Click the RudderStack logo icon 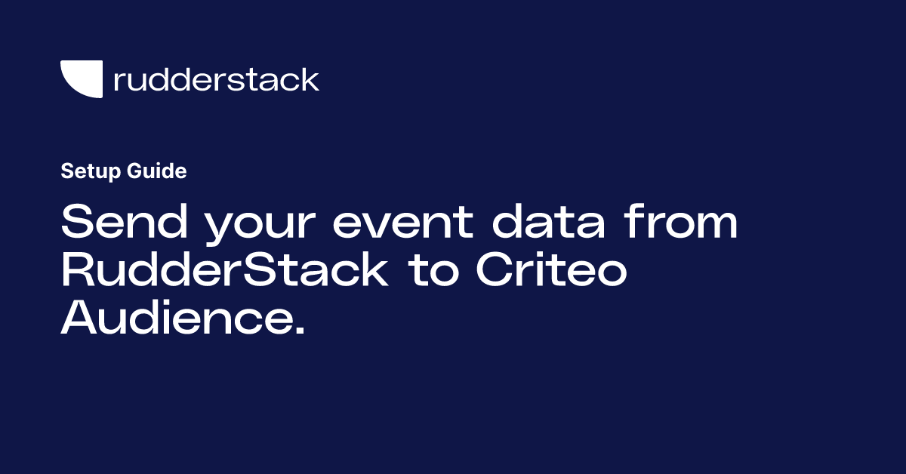click(x=82, y=79)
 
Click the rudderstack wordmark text click(x=216, y=79)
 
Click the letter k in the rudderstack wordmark click(x=310, y=79)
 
